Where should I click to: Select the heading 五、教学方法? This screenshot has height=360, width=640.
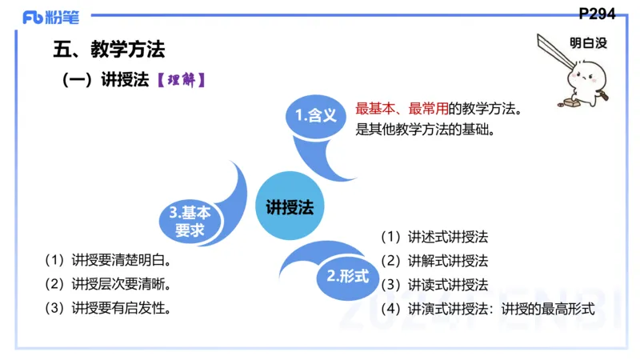[x=109, y=50]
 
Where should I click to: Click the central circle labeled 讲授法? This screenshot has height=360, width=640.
[x=290, y=206]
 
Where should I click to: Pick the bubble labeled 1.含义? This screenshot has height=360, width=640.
[x=315, y=116]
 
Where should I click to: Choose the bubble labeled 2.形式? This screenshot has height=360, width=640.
[x=348, y=277]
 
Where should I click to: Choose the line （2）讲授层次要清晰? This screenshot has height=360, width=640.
[x=110, y=284]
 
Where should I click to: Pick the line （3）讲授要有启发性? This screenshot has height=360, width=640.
[x=110, y=308]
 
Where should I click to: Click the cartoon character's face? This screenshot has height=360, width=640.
[x=583, y=81]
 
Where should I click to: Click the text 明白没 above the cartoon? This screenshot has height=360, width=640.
[x=588, y=43]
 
